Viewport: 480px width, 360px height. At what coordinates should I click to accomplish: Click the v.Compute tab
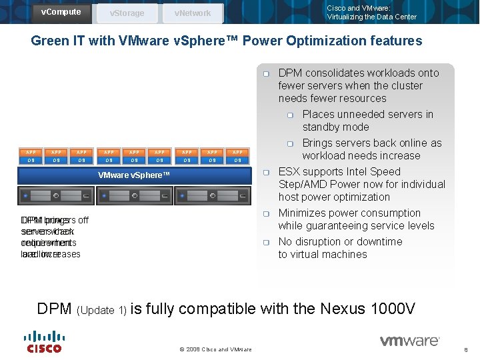[x=61, y=12]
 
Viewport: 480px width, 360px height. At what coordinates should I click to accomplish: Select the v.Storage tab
[x=127, y=13]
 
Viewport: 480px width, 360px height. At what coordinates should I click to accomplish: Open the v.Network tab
[x=192, y=13]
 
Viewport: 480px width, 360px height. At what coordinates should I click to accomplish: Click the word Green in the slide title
[x=50, y=41]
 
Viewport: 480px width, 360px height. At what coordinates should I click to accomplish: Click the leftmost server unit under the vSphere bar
[x=56, y=196]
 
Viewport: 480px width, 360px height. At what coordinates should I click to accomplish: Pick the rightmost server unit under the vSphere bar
[x=213, y=196]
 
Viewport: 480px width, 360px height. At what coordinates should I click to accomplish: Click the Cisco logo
[x=44, y=341]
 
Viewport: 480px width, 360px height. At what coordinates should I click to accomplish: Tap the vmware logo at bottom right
[x=409, y=341]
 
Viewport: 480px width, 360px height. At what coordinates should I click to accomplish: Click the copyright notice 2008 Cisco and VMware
[x=215, y=349]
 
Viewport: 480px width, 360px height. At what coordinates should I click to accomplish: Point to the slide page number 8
[x=465, y=349]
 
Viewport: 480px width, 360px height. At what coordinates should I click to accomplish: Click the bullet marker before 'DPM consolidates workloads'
[x=265, y=73]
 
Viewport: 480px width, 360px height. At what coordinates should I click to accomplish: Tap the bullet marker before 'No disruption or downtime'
[x=265, y=242]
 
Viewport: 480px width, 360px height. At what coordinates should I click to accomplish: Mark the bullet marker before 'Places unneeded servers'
[x=290, y=115]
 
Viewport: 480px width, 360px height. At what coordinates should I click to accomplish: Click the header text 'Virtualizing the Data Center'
[x=371, y=17]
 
